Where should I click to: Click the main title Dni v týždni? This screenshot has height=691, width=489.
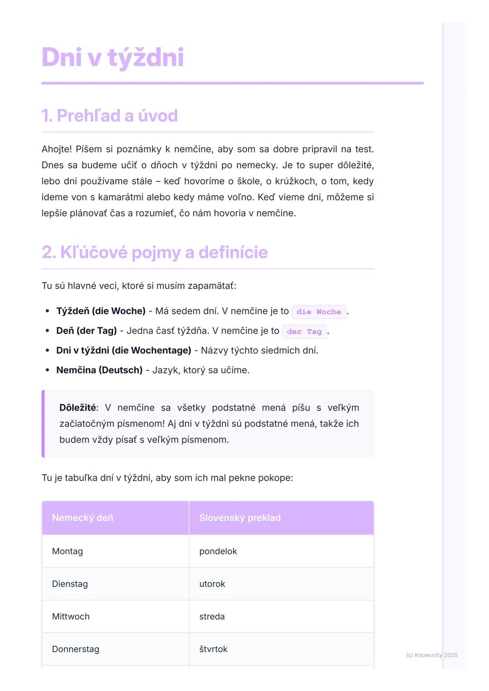(x=113, y=57)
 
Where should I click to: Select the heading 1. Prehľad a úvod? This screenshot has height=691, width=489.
(x=110, y=116)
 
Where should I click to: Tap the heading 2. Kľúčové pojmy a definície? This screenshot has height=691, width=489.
(x=154, y=252)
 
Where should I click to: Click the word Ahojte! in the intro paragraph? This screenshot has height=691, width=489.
(x=57, y=149)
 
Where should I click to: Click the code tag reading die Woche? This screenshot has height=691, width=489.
(x=319, y=312)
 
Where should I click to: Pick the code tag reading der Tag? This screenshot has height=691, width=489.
(x=304, y=331)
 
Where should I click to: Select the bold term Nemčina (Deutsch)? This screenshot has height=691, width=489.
(x=99, y=370)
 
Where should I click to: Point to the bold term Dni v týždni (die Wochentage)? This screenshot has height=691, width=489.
(x=124, y=350)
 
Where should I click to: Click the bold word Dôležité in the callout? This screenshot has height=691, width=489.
(x=77, y=408)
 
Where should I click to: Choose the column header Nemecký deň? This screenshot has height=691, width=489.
(x=82, y=518)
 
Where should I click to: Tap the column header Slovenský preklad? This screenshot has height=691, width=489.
(x=240, y=518)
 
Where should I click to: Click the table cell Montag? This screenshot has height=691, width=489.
(x=67, y=551)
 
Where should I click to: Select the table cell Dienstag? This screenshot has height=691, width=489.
(x=70, y=584)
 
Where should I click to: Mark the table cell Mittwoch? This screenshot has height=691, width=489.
(x=71, y=616)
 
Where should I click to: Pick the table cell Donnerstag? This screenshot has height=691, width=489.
(x=76, y=649)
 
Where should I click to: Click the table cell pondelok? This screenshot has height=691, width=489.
(x=218, y=551)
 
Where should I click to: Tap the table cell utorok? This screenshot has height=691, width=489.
(x=212, y=584)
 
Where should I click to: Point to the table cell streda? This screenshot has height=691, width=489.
(x=212, y=616)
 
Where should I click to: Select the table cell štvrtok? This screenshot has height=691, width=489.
(x=213, y=649)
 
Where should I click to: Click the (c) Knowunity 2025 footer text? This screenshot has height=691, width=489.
(x=431, y=655)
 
